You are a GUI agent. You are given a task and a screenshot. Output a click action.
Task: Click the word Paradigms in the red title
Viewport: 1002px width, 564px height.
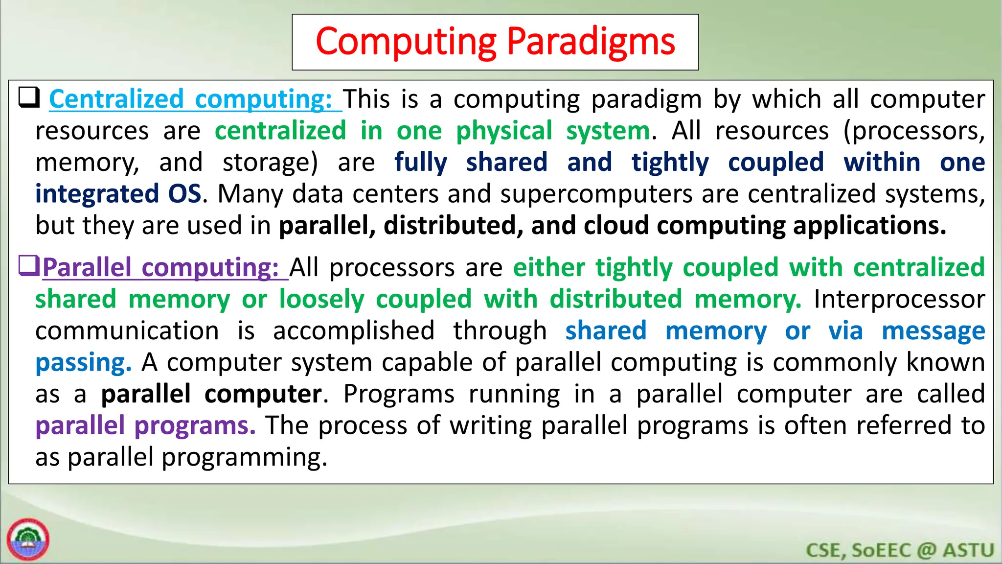point(591,42)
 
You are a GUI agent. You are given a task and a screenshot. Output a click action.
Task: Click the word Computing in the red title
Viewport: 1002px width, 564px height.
point(406,42)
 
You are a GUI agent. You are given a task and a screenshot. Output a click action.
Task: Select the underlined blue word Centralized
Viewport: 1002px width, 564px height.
point(116,99)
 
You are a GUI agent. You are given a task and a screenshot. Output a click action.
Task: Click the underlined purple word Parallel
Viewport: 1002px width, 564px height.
point(87,268)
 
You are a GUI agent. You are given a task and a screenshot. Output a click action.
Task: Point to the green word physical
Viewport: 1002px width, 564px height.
point(504,131)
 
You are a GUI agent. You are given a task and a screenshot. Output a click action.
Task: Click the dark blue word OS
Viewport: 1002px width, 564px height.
point(184,194)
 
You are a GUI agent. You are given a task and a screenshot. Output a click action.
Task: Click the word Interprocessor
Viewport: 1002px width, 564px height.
point(899,299)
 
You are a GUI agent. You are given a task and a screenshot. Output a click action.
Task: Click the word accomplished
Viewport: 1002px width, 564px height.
point(354,331)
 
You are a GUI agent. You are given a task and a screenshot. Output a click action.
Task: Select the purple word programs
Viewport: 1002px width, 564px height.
point(195,426)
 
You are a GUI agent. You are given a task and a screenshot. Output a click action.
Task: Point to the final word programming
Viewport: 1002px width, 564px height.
point(244,458)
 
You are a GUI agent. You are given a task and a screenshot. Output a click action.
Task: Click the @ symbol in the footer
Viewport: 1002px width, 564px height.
point(926,550)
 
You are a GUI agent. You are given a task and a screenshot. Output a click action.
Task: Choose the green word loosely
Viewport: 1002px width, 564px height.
point(321,299)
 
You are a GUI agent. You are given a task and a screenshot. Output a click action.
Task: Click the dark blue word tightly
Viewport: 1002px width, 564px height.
point(669,163)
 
